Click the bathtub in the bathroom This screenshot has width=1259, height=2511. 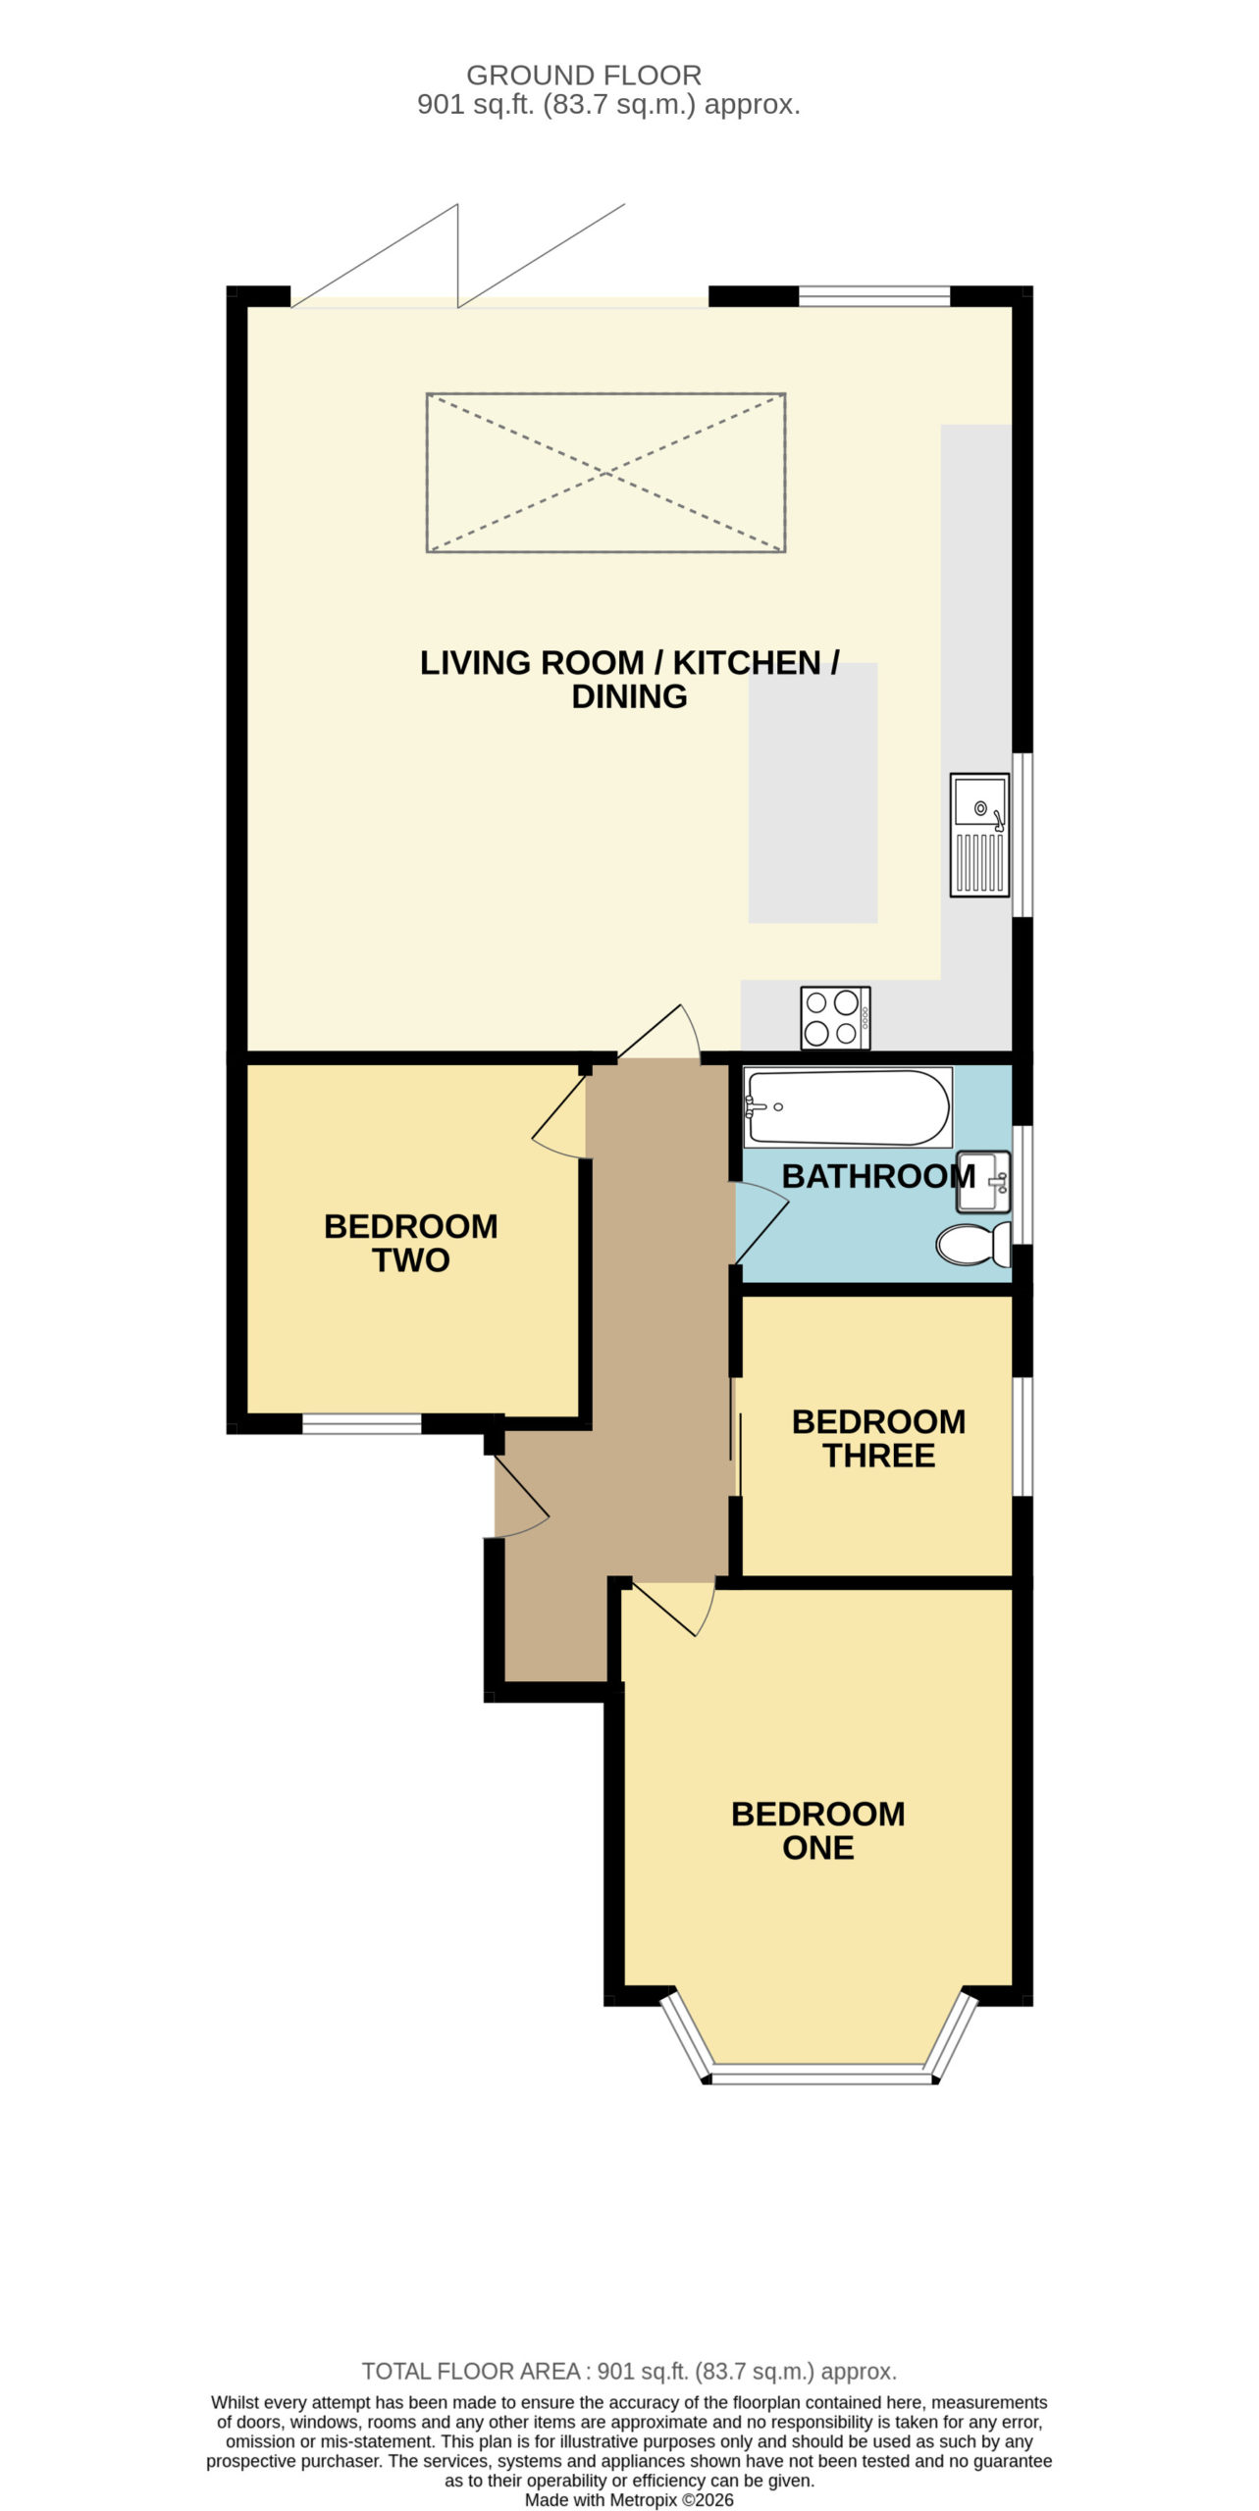848,1106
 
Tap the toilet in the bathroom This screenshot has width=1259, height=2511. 973,1244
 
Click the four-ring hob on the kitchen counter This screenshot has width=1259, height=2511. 835,1017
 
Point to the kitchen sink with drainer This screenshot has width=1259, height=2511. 979,835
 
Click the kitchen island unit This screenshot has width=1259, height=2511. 813,793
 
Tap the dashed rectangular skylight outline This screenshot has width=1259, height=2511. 605,473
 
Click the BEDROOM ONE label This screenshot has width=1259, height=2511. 818,1830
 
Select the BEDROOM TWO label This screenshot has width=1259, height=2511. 411,1243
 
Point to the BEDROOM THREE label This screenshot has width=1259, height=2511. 879,1438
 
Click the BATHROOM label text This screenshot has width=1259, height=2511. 878,1176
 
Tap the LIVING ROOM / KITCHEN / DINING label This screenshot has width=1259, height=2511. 629,679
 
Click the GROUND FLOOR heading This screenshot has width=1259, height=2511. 584,76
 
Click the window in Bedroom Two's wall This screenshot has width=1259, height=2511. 361,1423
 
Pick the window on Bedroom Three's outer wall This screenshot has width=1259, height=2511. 1023,1437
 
